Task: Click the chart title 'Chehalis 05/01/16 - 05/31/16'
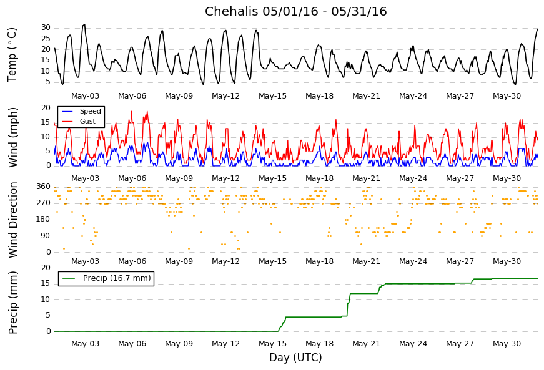[x=295, y=11]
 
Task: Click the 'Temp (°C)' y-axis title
[x=12, y=55]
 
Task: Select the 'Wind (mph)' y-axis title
[x=12, y=137]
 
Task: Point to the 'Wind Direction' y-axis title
[x=12, y=220]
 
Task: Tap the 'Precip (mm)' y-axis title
[x=12, y=303]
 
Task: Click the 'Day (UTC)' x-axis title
[x=295, y=357]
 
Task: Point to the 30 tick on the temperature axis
[x=46, y=27]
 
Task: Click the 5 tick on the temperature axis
[x=48, y=82]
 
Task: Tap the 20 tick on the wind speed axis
[x=46, y=108]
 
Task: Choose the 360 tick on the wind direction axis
[x=44, y=187]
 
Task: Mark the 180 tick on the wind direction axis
[x=44, y=219]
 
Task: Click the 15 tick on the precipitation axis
[x=46, y=284]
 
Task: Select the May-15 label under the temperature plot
[x=273, y=96]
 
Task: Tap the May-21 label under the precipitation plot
[x=367, y=344]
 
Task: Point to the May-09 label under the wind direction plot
[x=179, y=261]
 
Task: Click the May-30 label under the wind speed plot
[x=507, y=178]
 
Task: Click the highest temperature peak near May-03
[x=84, y=24]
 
